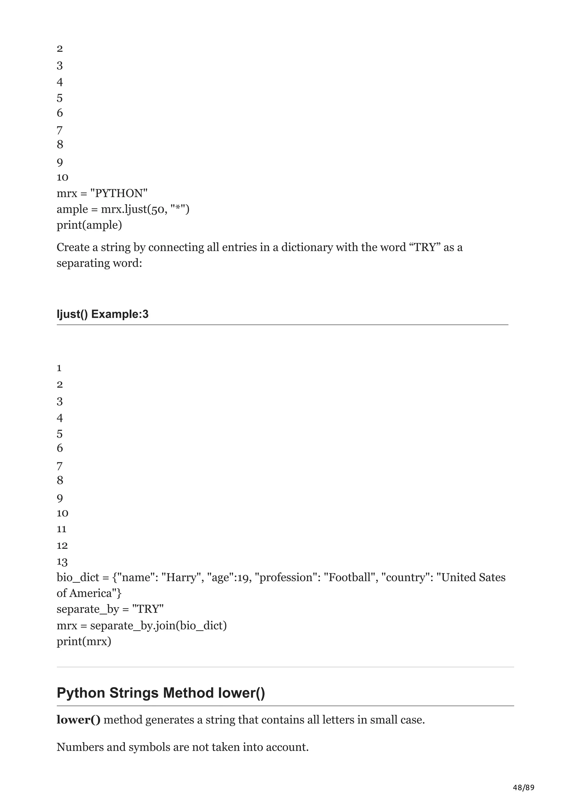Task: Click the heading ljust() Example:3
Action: click(x=102, y=314)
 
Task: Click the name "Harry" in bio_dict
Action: click(x=181, y=578)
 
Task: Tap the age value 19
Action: click(x=242, y=578)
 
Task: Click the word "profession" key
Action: click(x=286, y=578)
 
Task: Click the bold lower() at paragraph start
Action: click(x=78, y=720)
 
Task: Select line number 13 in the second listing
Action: click(x=62, y=562)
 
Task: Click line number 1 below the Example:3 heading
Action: click(x=59, y=368)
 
